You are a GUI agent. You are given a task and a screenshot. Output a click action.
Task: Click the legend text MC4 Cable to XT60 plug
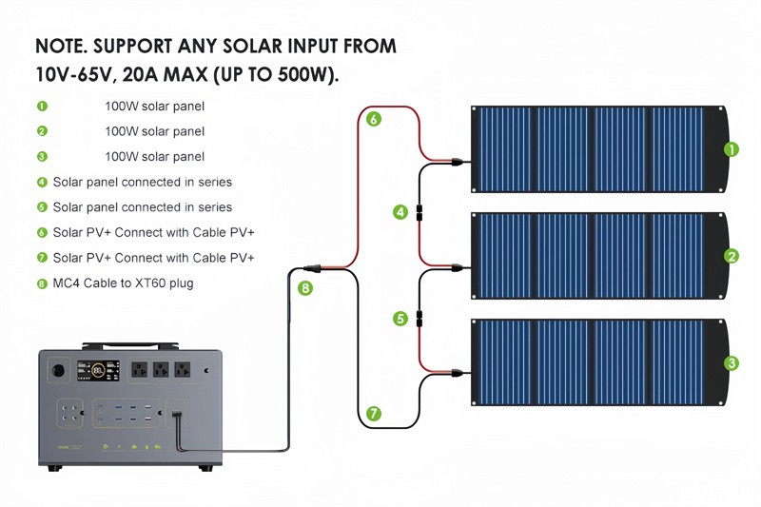tap(123, 283)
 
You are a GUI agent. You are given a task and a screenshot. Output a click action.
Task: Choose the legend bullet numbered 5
tap(42, 206)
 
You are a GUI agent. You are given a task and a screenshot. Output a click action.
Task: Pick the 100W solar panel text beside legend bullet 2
tap(154, 131)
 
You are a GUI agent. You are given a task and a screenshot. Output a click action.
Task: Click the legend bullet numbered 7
tap(42, 258)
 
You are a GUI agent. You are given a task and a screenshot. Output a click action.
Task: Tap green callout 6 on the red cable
tap(374, 120)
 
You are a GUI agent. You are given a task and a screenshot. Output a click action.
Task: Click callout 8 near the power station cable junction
tap(304, 287)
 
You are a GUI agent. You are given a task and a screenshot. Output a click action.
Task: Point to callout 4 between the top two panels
tap(400, 212)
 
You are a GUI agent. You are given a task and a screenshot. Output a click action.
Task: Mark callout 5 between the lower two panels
tap(400, 319)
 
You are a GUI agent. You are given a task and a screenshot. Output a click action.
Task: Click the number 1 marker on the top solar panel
tap(731, 148)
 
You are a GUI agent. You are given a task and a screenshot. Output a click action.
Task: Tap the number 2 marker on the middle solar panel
tap(731, 255)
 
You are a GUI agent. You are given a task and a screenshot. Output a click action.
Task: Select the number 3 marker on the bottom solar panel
tap(731, 362)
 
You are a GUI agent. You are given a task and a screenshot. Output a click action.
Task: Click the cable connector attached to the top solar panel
tap(457, 161)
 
